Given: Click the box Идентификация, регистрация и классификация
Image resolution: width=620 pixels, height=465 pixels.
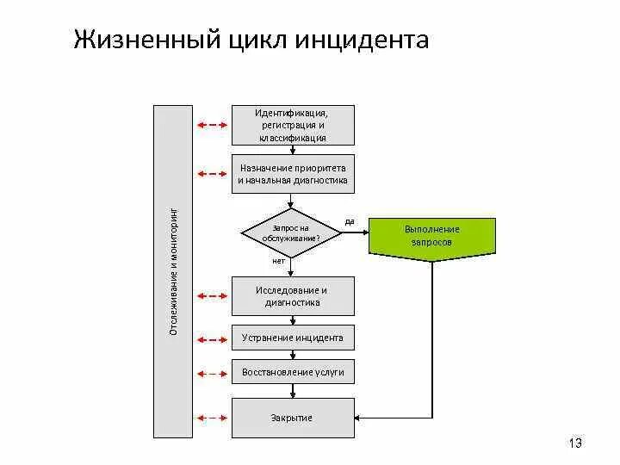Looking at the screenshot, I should click(292, 125).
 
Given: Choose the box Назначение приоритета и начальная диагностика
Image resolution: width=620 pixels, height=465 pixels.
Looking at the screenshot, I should click(292, 174).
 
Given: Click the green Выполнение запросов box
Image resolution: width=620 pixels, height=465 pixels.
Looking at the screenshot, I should click(432, 235).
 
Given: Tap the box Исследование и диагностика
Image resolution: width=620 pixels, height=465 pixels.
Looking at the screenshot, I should click(292, 295).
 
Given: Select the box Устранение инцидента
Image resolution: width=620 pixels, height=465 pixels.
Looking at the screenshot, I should click(292, 338).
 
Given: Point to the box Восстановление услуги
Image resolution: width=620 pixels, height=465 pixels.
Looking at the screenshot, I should click(292, 372).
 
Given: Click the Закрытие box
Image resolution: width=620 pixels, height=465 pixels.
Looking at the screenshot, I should click(292, 418).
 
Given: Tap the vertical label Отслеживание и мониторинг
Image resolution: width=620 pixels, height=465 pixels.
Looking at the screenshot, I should click(173, 271).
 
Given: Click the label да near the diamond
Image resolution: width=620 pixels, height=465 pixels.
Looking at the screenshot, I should click(350, 221).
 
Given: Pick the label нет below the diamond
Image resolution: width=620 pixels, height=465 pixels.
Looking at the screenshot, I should click(278, 260).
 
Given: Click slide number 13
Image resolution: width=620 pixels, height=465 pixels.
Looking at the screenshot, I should click(575, 443).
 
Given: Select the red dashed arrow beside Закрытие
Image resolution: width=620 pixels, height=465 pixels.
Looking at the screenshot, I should click(212, 418).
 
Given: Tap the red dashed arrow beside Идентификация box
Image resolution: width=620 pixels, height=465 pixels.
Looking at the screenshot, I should click(212, 126).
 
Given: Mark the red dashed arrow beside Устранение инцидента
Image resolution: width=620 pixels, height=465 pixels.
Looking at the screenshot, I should click(212, 338).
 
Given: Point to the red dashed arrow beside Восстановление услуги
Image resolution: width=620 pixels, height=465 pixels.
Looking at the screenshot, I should click(212, 373).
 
